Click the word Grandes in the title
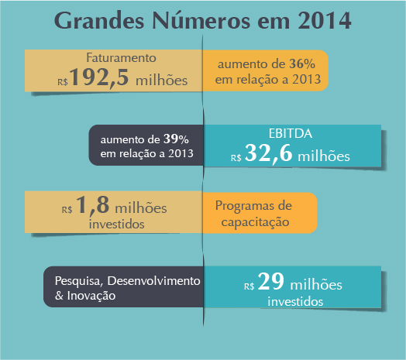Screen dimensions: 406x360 coord(99,20)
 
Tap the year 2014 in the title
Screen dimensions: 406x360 coord(325,20)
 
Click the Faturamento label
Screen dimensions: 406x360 coord(121,58)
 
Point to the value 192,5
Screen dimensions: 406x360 coord(99,77)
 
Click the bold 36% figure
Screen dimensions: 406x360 coord(302,64)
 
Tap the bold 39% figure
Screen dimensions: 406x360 coord(176,139)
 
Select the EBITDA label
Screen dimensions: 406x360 coord(291,133)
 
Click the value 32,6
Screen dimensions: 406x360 coord(269,153)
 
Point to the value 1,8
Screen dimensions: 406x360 coord(92,205)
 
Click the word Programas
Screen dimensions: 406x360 coord(243,207)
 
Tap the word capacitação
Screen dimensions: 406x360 coord(256,222)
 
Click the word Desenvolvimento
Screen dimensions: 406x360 coord(154,281)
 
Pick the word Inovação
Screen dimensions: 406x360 coord(91,296)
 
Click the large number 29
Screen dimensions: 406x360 coord(271,281)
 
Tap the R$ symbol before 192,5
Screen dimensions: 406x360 coord(63,82)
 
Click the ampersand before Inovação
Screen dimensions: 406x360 coord(59,296)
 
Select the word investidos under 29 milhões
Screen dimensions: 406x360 coord(295,302)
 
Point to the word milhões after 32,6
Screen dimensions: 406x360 coord(324,156)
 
